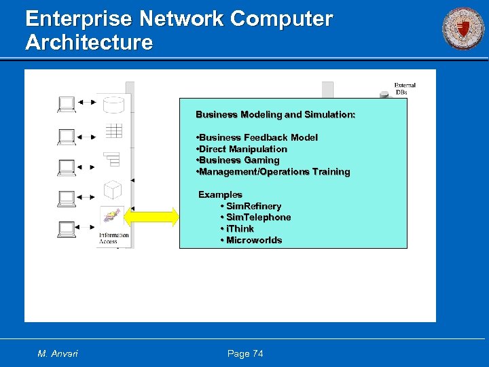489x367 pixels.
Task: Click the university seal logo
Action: pos(463,29)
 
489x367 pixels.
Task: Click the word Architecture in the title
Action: pos(89,43)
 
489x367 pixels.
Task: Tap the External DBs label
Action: pos(405,89)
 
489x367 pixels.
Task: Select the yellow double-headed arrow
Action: pos(152,217)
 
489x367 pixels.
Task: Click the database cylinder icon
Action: pos(113,105)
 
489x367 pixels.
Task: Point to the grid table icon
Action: pos(113,130)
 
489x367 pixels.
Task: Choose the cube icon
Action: pos(112,189)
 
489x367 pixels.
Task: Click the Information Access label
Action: pos(113,239)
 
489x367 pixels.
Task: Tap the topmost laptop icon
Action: pos(67,104)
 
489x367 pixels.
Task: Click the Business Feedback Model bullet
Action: pos(257,137)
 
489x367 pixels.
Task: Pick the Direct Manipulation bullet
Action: pos(241,149)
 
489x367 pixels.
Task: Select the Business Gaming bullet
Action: pos(237,160)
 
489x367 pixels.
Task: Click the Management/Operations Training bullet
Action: pos(272,172)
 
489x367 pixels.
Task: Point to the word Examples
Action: pos(220,194)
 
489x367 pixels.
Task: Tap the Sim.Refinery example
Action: pos(251,206)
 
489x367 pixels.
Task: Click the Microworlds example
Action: pos(251,241)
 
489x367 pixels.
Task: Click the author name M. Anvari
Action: pos(58,353)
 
